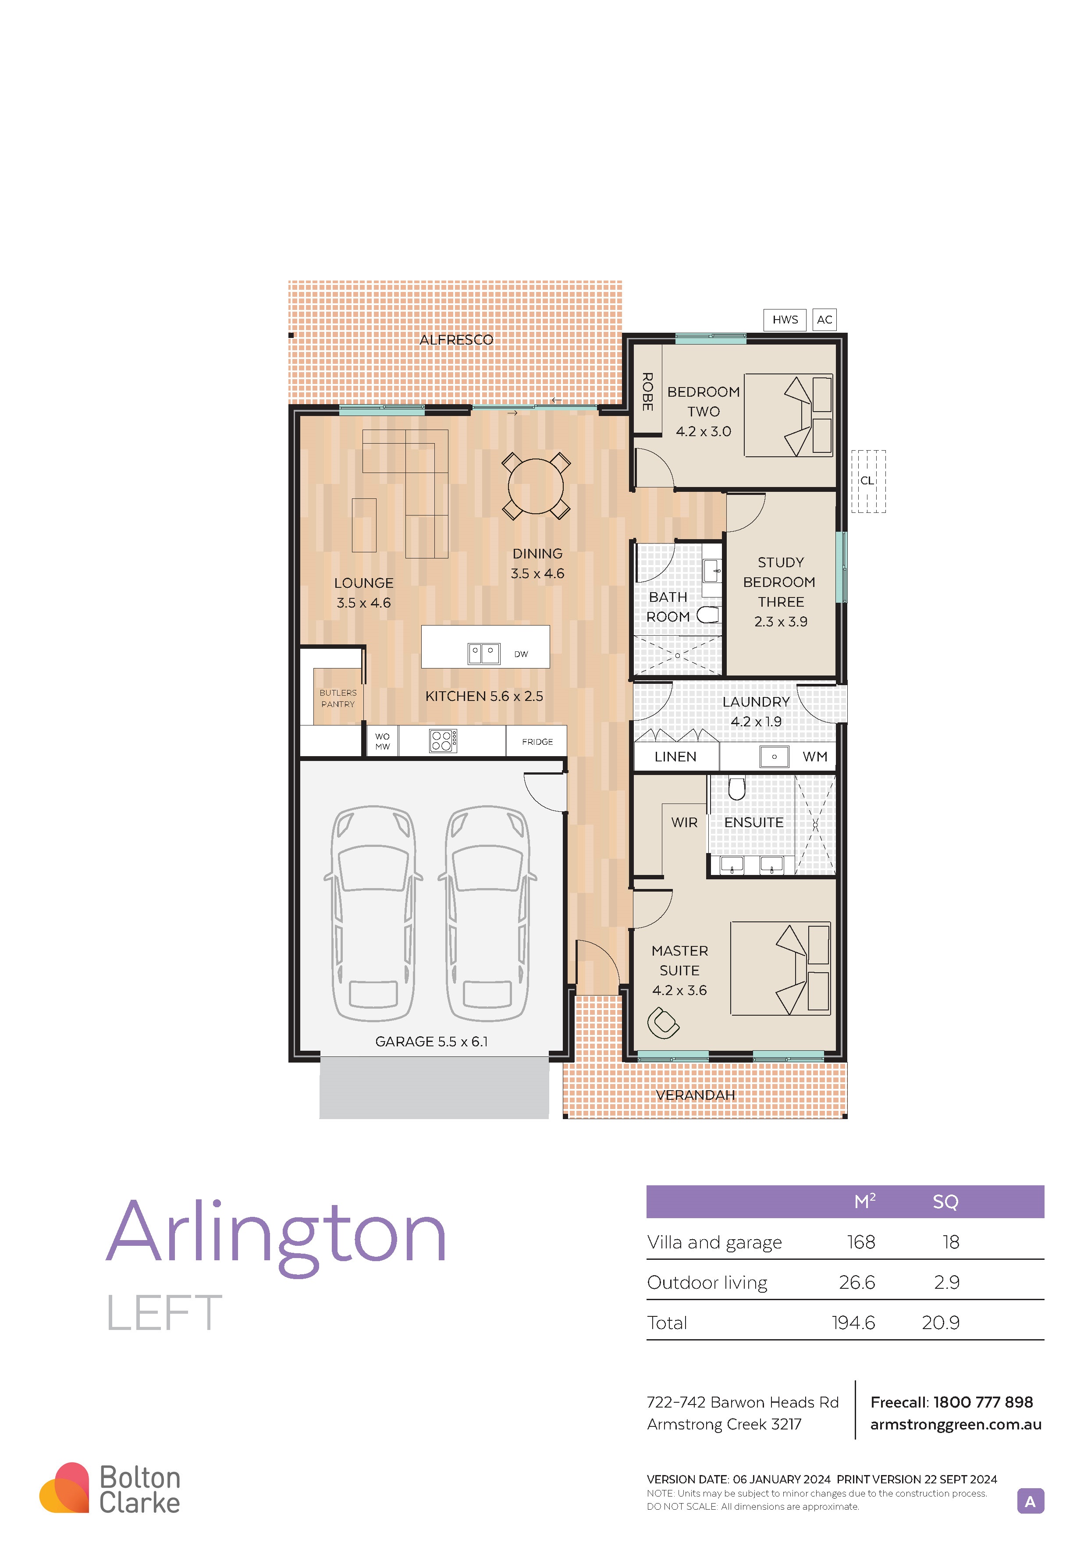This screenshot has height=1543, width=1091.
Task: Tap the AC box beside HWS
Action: pos(824,320)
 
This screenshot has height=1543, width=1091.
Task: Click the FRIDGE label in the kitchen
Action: pos(537,742)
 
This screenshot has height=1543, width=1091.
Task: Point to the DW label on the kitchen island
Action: pos(521,654)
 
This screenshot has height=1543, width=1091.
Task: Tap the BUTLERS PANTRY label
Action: pos(338,698)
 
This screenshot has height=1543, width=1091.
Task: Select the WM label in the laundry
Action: pos(815,757)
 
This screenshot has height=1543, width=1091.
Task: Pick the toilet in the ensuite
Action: pos(737,788)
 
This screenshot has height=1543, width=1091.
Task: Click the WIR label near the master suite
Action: pos(685,823)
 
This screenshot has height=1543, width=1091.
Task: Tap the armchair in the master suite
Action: pos(663,1023)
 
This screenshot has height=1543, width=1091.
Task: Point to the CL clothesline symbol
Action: pos(868,481)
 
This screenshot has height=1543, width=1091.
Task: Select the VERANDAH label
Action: pos(695,1095)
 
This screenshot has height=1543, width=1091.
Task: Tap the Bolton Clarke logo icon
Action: pos(64,1487)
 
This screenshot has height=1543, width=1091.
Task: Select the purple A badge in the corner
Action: pos(1031,1501)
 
